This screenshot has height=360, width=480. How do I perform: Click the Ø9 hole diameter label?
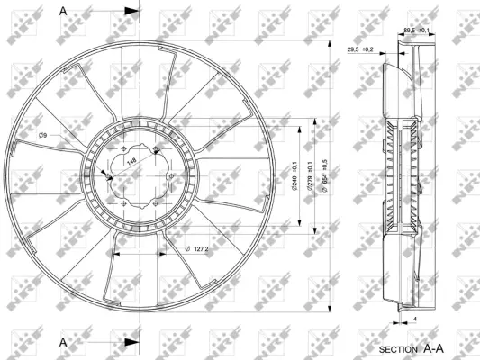point(43,137)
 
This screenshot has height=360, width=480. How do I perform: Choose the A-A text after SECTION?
point(435,346)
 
